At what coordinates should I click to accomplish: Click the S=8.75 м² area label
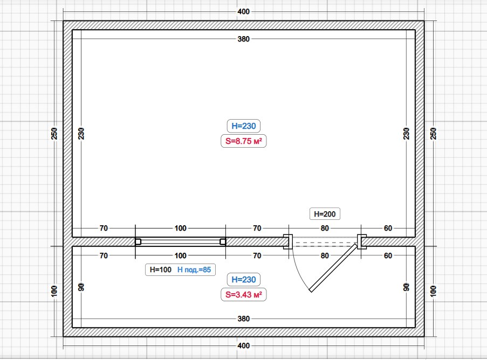click(x=244, y=141)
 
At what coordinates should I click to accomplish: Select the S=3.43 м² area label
click(x=244, y=294)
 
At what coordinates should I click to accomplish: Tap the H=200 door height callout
click(x=325, y=214)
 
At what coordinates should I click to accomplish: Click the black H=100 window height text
click(x=161, y=269)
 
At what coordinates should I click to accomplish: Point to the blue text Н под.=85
click(x=194, y=269)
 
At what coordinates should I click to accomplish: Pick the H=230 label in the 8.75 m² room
click(x=244, y=126)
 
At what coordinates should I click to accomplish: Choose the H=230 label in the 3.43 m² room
click(x=244, y=279)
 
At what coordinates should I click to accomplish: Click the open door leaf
click(x=333, y=268)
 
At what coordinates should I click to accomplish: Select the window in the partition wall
click(x=181, y=242)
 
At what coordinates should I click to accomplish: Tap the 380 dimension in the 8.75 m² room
click(x=244, y=39)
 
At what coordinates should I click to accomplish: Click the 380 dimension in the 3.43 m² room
click(x=244, y=319)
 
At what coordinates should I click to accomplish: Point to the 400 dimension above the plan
click(x=244, y=11)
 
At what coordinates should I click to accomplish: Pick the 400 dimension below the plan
click(x=244, y=345)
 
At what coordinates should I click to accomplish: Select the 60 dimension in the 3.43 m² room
click(x=388, y=256)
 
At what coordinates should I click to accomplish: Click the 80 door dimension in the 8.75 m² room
click(x=325, y=228)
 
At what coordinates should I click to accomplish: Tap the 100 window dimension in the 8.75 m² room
click(x=181, y=228)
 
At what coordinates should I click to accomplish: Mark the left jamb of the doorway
click(x=288, y=242)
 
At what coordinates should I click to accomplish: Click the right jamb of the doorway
click(x=362, y=242)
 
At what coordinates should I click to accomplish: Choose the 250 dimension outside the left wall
click(x=54, y=134)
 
